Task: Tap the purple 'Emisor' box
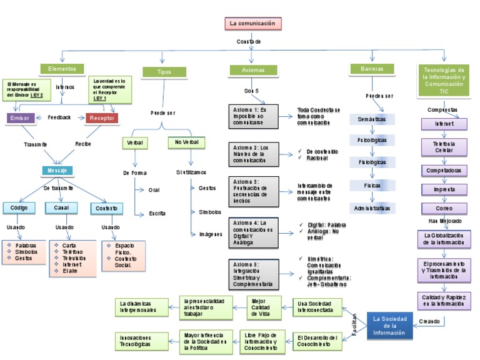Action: click(20, 117)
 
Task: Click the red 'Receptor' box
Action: click(101, 117)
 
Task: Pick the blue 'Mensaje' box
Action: click(58, 170)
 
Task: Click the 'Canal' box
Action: click(61, 207)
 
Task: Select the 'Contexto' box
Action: click(107, 208)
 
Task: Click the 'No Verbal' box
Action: click(186, 142)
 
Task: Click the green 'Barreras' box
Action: click(372, 69)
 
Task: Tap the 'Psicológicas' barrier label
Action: click(372, 139)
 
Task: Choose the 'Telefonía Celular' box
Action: click(444, 147)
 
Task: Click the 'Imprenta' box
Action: click(444, 189)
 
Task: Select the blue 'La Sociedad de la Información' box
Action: click(389, 326)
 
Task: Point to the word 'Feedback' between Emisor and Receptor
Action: click(59, 117)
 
